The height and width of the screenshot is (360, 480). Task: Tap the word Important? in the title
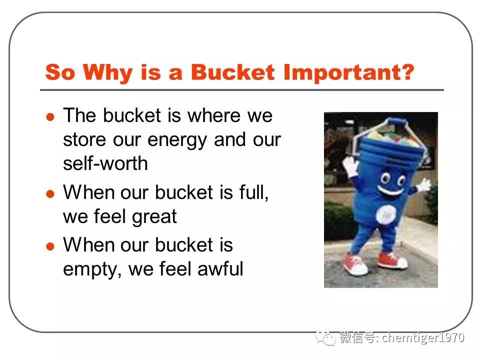(x=348, y=73)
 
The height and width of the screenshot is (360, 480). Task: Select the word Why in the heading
(x=107, y=73)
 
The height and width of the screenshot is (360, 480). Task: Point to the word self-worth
(x=105, y=163)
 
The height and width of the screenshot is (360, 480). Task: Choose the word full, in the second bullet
(x=254, y=193)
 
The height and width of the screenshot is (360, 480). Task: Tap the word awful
(x=220, y=268)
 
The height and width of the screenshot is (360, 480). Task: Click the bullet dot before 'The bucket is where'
(x=50, y=117)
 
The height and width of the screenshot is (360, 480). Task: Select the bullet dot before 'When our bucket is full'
(x=50, y=194)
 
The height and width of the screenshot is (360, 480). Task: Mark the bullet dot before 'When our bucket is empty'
(x=50, y=246)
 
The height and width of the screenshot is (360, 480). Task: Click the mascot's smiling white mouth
(x=391, y=190)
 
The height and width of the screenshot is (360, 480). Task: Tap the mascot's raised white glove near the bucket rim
(x=350, y=165)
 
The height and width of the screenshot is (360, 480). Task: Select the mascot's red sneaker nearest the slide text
(x=354, y=264)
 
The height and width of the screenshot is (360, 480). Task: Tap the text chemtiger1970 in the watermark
(x=423, y=337)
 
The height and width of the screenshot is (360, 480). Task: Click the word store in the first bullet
(x=85, y=139)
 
